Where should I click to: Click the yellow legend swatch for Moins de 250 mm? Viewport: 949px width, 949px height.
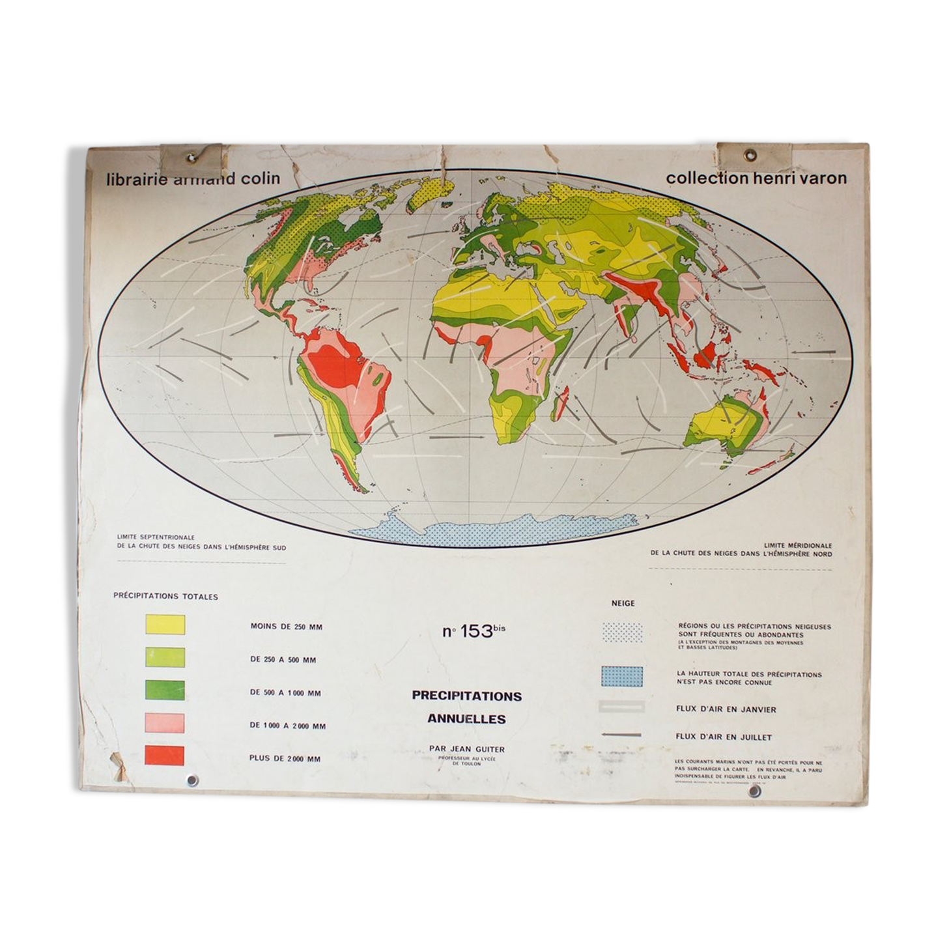click(165, 625)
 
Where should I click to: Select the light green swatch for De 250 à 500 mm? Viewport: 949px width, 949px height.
click(165, 657)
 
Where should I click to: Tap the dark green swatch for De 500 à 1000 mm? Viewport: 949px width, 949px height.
click(165, 690)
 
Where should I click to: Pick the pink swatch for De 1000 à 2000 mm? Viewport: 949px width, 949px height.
click(165, 723)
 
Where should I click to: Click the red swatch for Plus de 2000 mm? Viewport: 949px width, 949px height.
click(165, 756)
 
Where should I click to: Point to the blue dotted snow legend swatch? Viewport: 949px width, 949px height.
click(622, 677)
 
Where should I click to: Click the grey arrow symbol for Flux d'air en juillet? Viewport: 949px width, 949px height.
click(622, 735)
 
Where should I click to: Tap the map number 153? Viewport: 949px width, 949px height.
click(476, 631)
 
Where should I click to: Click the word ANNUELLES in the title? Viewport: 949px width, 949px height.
click(466, 719)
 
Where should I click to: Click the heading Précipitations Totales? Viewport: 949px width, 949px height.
click(165, 596)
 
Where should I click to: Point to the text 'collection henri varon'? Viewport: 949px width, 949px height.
click(756, 178)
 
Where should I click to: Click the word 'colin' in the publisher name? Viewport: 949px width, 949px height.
click(260, 178)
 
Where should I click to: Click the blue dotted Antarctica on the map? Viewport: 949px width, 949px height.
click(495, 530)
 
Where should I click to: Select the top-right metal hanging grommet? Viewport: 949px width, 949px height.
click(750, 155)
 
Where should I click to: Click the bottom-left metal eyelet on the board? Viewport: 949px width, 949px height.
click(192, 780)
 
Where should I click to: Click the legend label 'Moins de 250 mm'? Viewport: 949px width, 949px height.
click(286, 627)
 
